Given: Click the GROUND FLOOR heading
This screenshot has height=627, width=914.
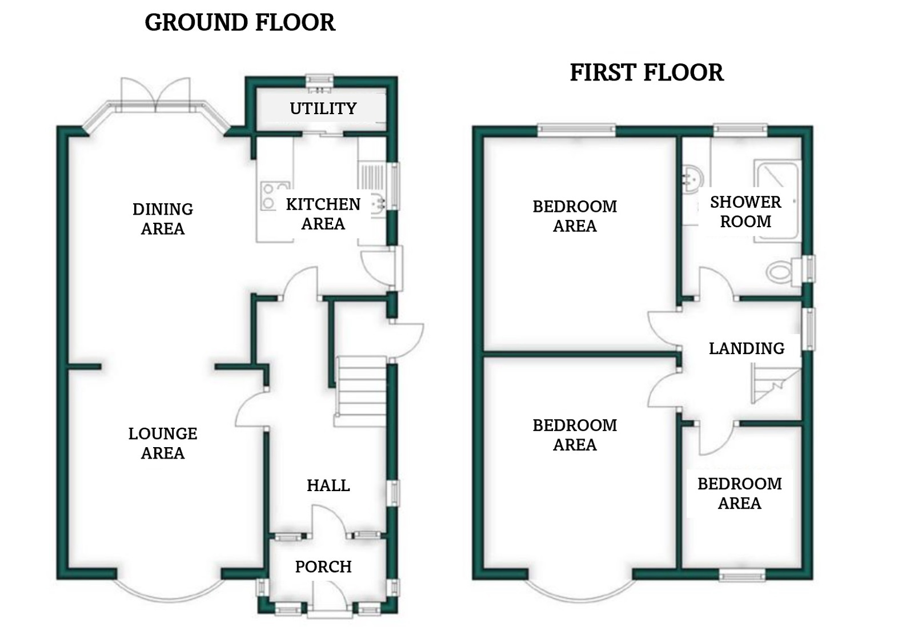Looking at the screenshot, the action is [x=240, y=22].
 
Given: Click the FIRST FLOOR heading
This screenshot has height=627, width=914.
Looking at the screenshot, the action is [x=647, y=73].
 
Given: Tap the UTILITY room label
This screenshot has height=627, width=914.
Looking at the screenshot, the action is [x=323, y=108].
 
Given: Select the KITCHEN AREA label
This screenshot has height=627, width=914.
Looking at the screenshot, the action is [x=323, y=214].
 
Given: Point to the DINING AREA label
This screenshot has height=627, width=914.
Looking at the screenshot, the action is [x=163, y=219].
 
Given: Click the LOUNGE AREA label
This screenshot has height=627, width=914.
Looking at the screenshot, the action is [x=163, y=443].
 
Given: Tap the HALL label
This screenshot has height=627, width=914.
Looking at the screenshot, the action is [x=328, y=485].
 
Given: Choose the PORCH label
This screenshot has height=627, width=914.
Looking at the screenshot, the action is [x=323, y=566].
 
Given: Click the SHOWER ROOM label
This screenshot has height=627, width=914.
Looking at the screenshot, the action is [x=745, y=212].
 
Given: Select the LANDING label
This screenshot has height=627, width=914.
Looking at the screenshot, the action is [x=747, y=348].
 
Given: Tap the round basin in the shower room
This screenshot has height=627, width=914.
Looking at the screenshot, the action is [x=692, y=179].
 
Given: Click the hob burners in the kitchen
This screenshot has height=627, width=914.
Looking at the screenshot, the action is [x=274, y=196].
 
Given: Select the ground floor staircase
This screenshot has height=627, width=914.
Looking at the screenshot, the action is [x=360, y=392].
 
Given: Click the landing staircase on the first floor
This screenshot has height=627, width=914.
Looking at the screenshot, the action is [x=776, y=385].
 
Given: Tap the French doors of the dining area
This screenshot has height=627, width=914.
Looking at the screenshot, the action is [x=155, y=95].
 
